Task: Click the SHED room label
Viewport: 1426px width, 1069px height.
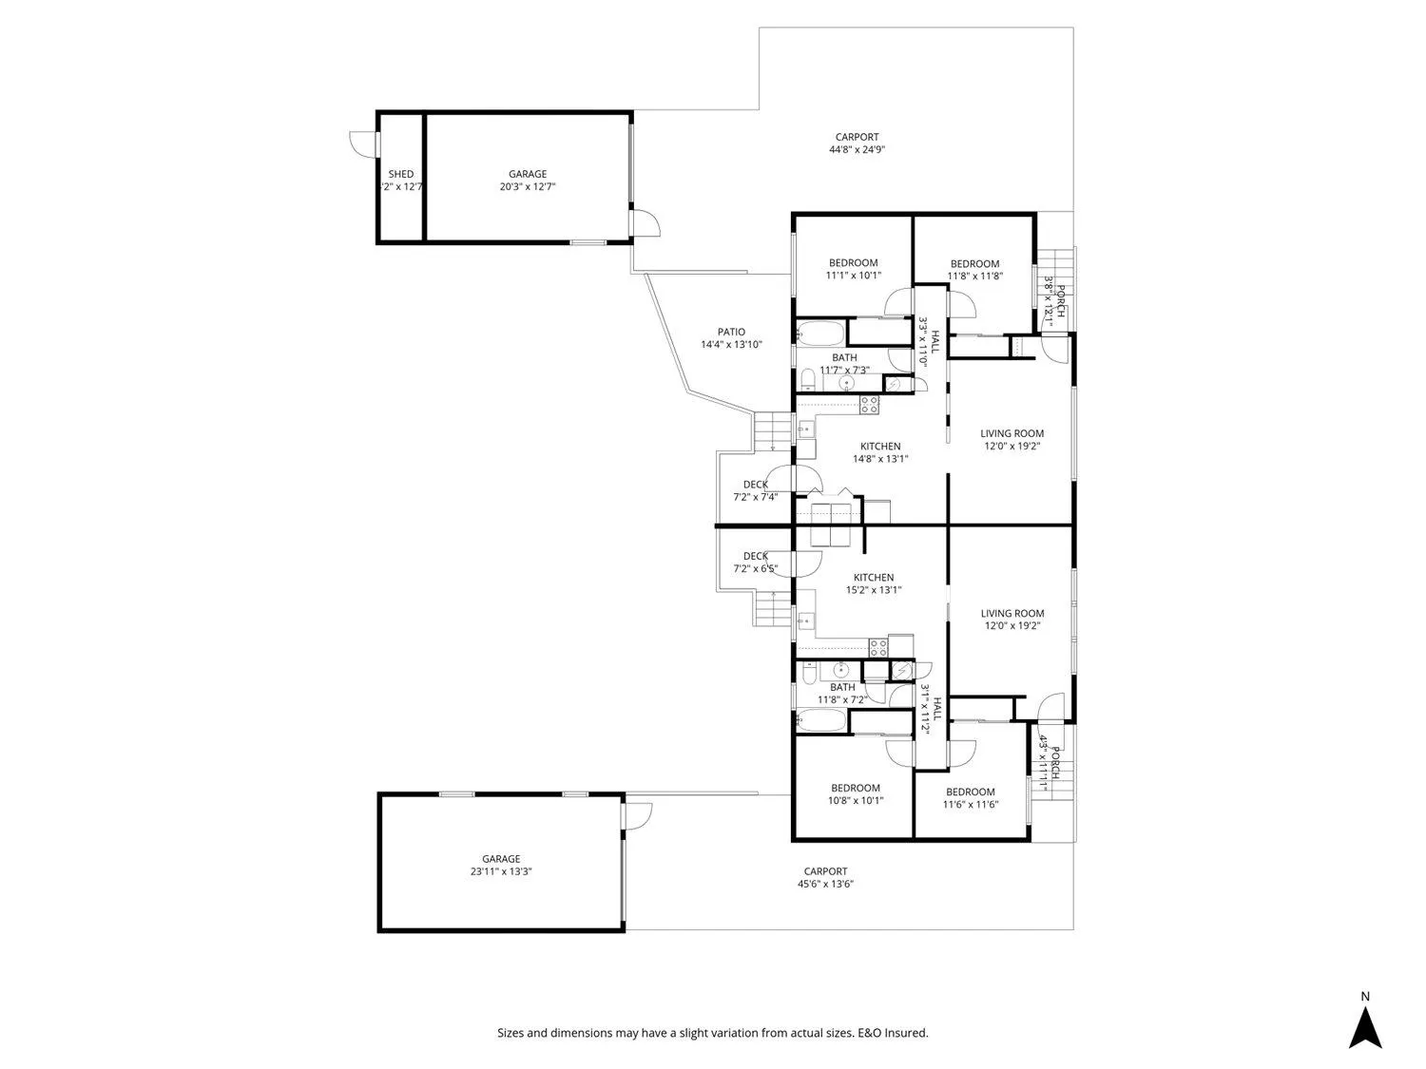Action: pos(400,174)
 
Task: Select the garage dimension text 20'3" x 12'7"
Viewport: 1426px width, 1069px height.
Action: pos(527,187)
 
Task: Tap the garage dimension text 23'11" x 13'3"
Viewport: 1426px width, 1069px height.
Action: pos(500,871)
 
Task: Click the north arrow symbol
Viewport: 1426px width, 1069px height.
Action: pos(1365,1026)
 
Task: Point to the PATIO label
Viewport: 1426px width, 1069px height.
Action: pos(731,332)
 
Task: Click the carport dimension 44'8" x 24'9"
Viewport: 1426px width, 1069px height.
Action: pos(857,149)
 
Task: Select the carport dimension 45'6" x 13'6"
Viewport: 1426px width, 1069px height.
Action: pos(824,884)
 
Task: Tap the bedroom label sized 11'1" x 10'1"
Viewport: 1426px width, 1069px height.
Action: pos(853,263)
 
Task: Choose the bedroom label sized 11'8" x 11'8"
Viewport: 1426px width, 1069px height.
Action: pos(974,264)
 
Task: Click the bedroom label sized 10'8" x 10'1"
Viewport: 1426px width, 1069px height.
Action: pos(855,788)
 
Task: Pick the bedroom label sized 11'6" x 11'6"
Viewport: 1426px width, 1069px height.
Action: pos(970,792)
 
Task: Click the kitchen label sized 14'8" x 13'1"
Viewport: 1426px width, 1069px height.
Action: pos(880,447)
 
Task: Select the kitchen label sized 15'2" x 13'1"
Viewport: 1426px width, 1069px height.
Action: pos(873,578)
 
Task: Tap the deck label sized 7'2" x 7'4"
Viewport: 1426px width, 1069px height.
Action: pos(756,485)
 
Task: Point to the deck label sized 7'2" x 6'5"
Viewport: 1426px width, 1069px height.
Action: pos(756,557)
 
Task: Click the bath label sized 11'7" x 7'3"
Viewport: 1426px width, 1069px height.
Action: pos(844,357)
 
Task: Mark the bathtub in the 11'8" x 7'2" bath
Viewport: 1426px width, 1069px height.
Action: pos(820,720)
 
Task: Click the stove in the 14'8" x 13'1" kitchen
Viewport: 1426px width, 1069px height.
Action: pos(869,406)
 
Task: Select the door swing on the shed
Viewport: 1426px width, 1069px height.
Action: pos(362,143)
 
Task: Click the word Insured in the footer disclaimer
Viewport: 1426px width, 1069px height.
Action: pos(907,1033)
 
